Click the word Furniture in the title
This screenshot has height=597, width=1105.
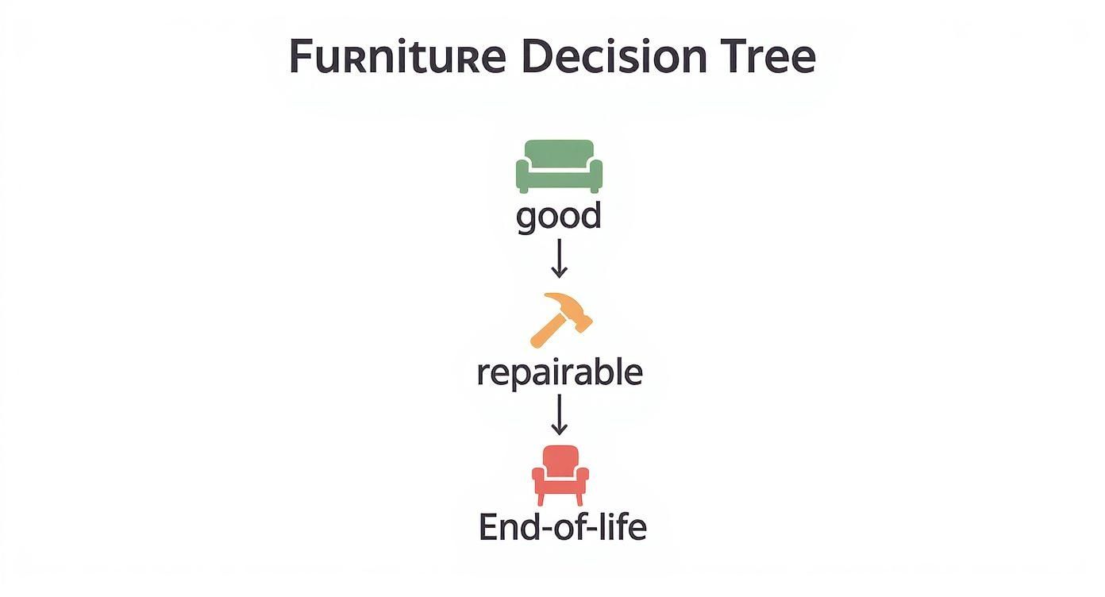coord(396,57)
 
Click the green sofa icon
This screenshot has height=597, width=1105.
coord(559,166)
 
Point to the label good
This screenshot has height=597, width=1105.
coord(559,216)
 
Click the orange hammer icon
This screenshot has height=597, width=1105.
coord(560,319)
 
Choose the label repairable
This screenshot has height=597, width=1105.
coord(559,372)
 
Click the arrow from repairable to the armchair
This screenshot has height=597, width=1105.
coord(559,414)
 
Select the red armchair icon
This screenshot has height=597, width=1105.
coord(560,475)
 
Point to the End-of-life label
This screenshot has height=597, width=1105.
coord(562,527)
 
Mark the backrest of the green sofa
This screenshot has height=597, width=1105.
coord(559,151)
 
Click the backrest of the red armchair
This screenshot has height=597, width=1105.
coord(560,458)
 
